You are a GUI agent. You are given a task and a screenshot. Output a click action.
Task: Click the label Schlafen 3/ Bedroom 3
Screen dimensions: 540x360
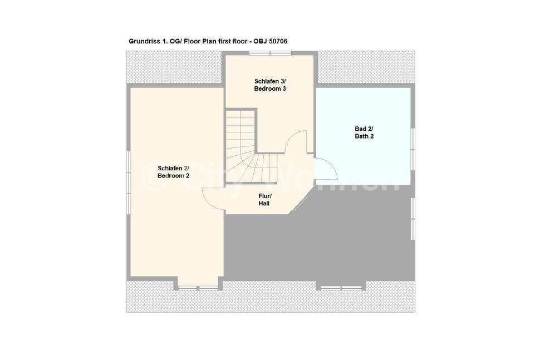pos(270,85)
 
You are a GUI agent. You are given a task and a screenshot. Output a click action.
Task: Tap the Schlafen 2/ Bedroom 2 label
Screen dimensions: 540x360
pos(173,172)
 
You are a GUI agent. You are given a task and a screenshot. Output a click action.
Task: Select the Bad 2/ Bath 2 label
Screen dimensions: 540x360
pos(364,132)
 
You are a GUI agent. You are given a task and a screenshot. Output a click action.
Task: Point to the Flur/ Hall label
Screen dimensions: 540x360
pos(264,200)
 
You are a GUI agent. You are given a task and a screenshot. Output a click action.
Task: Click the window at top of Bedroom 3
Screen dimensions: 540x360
pos(271,53)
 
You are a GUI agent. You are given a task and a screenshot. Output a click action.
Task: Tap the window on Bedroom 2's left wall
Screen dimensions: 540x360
pos(129,183)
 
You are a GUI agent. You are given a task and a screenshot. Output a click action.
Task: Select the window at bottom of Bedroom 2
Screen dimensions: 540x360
pos(198,288)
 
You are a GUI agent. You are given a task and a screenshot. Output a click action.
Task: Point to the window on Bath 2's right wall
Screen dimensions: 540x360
pos(413,149)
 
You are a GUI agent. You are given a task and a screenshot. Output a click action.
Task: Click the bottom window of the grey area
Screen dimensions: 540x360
pos(341,288)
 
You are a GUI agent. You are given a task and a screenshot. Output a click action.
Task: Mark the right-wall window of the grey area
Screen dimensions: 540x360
pos(413,219)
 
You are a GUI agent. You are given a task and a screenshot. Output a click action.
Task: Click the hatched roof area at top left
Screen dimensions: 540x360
pos(174,67)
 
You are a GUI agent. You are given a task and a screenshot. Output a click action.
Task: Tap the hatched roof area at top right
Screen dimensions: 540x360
pos(366,67)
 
